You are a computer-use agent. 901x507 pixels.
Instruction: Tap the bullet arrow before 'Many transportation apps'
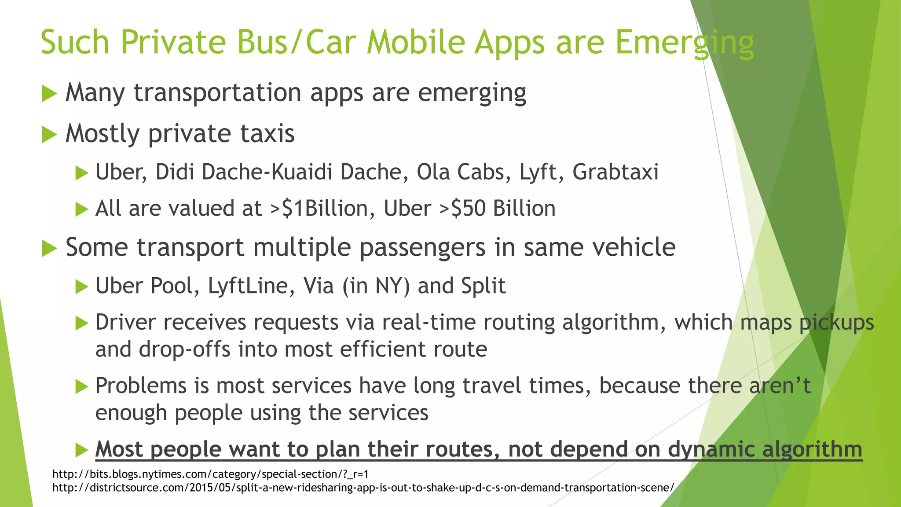tap(49, 94)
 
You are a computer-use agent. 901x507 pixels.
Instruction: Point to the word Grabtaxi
tap(615, 172)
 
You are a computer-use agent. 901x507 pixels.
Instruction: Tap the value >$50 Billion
tap(498, 209)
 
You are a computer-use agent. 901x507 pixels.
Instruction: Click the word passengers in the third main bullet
tap(422, 247)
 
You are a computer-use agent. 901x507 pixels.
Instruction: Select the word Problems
tap(141, 386)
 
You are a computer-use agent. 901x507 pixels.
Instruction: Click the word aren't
tap(780, 386)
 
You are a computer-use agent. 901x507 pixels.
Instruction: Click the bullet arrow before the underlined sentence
tap(82, 450)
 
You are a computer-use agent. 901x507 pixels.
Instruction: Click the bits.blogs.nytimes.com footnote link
tap(210, 474)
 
